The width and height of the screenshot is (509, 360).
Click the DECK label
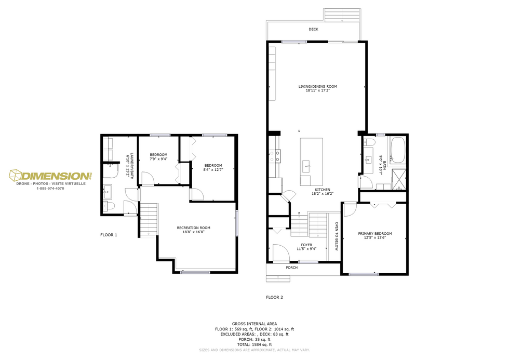coord(313,30)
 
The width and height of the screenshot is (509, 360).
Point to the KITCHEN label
coord(322,190)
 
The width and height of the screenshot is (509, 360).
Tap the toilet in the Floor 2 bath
coord(369,142)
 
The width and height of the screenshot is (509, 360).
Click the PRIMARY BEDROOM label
coord(375,234)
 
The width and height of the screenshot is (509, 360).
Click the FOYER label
coord(306,245)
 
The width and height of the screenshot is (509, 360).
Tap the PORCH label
coord(292,268)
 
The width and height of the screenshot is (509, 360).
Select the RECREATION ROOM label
coord(193,228)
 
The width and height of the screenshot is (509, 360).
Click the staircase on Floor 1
coord(149,220)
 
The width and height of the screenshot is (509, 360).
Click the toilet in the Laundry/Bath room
coord(108,207)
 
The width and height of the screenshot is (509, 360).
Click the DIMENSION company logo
coord(50,177)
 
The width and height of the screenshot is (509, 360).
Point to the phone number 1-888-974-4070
coord(50,189)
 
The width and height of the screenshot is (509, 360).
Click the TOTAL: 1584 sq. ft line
coord(254,344)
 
